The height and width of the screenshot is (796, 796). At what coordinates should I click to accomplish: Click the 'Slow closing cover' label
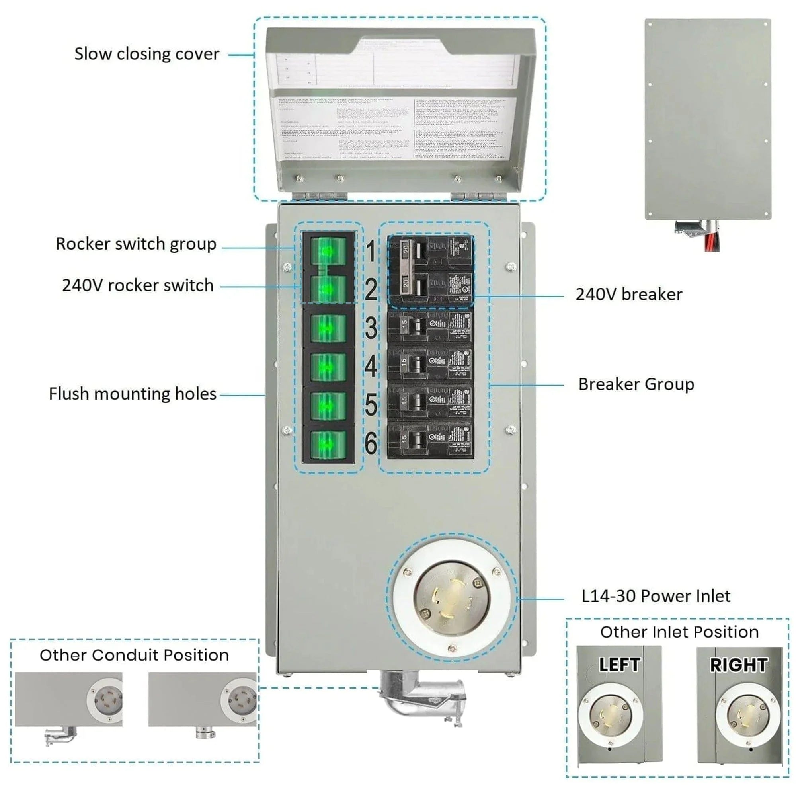tap(147, 54)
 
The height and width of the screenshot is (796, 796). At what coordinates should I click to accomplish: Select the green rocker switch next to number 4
tap(328, 367)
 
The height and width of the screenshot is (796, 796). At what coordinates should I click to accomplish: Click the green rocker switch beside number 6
tap(328, 445)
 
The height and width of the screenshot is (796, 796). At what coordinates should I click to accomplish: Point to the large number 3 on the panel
tap(371, 328)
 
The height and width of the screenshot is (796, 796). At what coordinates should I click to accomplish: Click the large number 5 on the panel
tap(371, 405)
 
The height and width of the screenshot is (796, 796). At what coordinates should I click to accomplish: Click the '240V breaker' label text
tap(629, 295)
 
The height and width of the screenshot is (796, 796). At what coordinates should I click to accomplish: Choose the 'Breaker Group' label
tap(636, 384)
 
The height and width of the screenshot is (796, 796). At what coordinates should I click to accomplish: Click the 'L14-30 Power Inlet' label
tap(656, 596)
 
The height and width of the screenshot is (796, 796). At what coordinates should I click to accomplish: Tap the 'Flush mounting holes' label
tap(133, 394)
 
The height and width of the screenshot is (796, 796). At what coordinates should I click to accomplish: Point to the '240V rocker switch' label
tap(138, 285)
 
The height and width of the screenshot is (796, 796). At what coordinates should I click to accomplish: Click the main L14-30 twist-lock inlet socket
tap(452, 599)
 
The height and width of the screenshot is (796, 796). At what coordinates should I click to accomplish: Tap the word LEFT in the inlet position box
tap(619, 665)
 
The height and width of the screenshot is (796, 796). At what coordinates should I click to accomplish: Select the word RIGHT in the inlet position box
tap(739, 665)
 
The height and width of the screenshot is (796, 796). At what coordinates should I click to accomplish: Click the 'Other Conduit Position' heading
tap(134, 655)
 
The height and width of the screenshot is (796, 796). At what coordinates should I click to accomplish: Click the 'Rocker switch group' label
tap(136, 244)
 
